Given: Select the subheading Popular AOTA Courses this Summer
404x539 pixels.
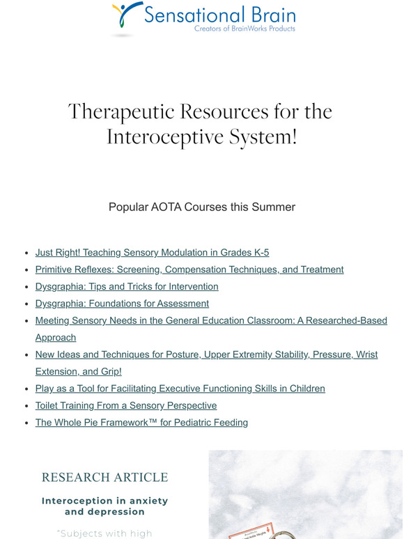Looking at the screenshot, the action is click(202, 207).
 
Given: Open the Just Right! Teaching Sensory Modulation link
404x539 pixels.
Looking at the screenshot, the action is click(152, 253).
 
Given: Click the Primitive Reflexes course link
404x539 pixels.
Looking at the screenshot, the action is click(189, 269).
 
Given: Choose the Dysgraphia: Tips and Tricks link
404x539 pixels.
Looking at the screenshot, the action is click(127, 286).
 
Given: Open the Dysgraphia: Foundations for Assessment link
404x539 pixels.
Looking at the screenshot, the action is click(122, 304).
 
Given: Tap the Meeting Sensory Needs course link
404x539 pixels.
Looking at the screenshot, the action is click(211, 320).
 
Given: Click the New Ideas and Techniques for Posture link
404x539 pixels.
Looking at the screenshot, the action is click(206, 354).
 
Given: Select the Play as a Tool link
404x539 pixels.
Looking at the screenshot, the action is click(180, 389).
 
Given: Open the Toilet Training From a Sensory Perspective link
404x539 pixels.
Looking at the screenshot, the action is click(126, 405).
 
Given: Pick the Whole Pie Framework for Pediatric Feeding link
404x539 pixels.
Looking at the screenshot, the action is click(141, 422).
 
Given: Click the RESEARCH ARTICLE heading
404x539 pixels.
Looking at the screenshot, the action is click(104, 478).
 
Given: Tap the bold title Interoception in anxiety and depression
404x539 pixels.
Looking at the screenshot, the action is click(104, 506).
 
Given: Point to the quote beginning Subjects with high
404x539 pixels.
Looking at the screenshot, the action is click(104, 533).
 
